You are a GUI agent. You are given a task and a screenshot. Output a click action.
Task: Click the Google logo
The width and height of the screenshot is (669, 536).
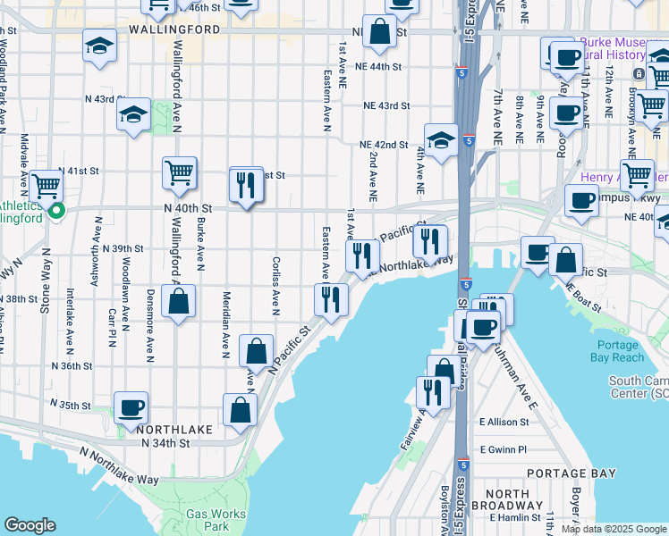click(30, 525)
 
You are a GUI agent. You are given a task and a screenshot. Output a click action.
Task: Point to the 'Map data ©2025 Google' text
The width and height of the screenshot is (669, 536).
click(613, 529)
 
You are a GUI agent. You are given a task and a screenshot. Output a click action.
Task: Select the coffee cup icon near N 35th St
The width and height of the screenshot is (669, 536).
click(131, 407)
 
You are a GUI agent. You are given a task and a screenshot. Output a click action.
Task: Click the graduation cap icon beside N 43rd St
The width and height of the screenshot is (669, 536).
click(133, 114)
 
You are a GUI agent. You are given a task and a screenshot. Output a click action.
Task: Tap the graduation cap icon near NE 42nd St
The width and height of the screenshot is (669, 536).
click(441, 139)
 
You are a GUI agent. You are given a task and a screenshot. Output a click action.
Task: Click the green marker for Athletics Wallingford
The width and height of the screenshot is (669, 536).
click(55, 211)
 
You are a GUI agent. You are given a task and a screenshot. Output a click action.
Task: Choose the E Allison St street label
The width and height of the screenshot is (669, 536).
click(506, 421)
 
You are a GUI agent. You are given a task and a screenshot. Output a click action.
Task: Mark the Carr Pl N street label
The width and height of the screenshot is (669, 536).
click(113, 328)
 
